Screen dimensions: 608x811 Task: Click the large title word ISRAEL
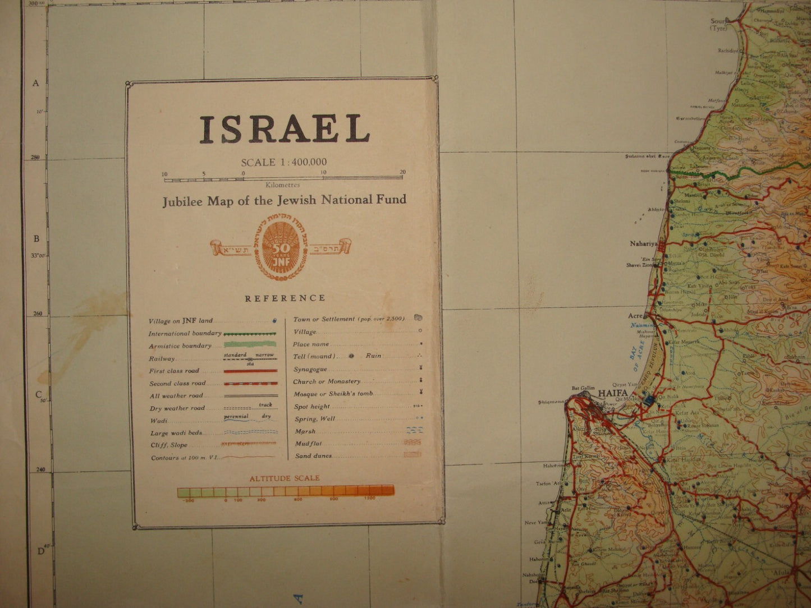(x=285, y=129)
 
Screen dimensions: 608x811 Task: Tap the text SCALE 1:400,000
(x=283, y=163)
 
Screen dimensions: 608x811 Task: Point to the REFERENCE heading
(x=285, y=298)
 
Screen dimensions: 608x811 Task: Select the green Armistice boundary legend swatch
(x=250, y=345)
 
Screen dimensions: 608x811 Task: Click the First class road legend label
(x=174, y=371)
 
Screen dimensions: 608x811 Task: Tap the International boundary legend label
(x=185, y=334)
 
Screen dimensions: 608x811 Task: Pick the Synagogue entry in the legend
(x=310, y=369)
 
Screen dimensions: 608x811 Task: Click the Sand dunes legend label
(x=313, y=456)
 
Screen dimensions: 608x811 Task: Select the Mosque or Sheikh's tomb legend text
(x=333, y=394)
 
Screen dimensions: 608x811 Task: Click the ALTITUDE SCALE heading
(x=285, y=478)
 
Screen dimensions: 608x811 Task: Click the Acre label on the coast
(x=634, y=316)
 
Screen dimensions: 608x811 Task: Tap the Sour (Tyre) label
(x=718, y=25)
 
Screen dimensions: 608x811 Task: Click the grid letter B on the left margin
(x=36, y=238)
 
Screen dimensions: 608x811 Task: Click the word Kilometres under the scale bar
(x=283, y=185)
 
